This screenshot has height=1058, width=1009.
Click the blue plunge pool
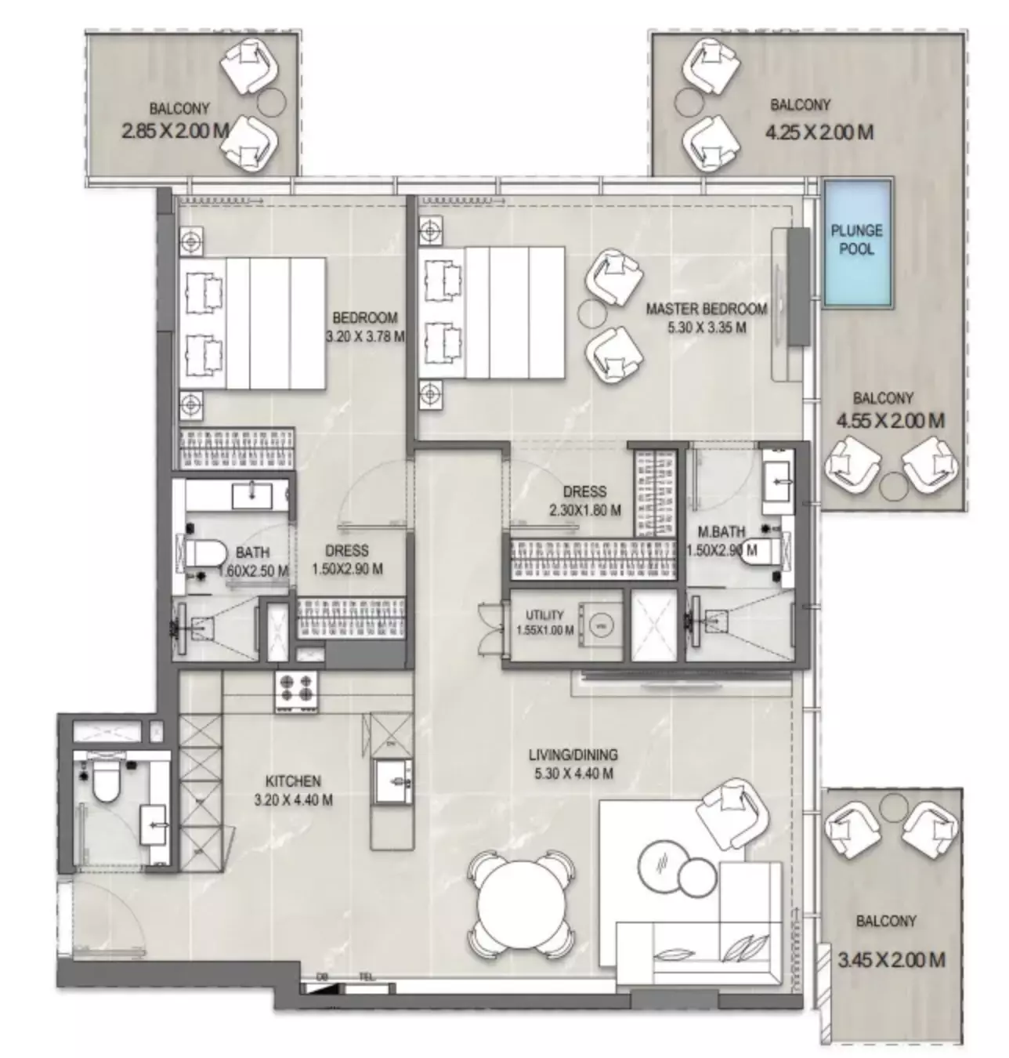[857, 243]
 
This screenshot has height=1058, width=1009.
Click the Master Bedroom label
[706, 309]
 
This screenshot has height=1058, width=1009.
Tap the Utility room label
[544, 615]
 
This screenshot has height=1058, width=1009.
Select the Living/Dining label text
[573, 755]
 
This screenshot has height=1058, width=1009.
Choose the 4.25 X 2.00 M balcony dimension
[819, 132]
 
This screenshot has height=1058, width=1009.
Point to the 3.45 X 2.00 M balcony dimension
[891, 958]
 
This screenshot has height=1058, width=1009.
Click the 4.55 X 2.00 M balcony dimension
[890, 421]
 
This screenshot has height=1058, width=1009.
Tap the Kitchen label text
[293, 781]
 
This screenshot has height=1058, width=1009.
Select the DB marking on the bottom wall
[322, 976]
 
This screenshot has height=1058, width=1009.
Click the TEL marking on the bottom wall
[366, 976]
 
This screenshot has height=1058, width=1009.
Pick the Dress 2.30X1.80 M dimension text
[584, 510]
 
